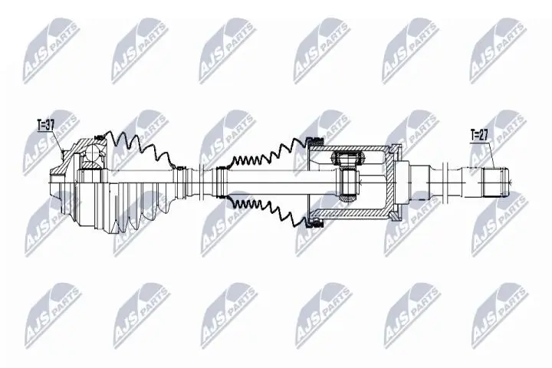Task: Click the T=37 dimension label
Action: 47,122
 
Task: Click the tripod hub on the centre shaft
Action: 347,182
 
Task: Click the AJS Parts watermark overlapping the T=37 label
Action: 50,142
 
